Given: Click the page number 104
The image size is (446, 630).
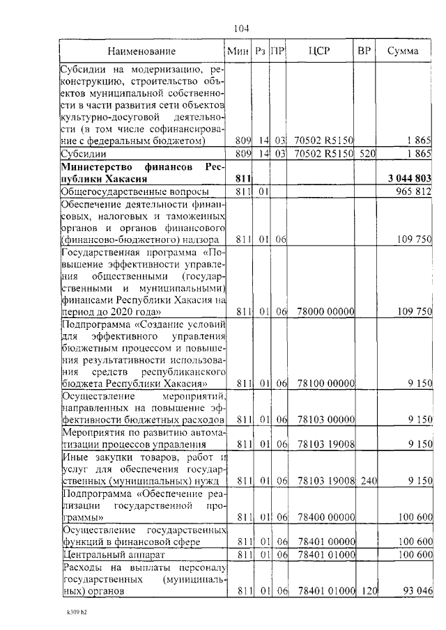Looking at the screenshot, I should (x=241, y=29).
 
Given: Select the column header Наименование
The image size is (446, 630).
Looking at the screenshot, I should (x=141, y=51).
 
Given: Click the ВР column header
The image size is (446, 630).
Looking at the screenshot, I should (x=364, y=51).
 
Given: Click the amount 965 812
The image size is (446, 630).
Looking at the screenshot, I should (x=413, y=191).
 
